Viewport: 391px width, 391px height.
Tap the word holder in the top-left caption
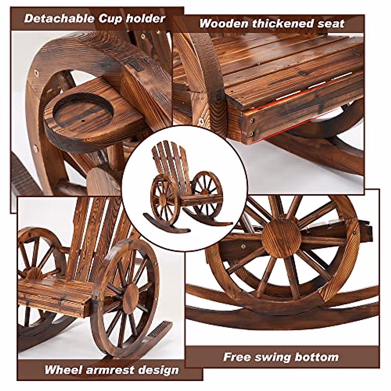(146, 18)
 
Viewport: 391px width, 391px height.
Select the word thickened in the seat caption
(281, 23)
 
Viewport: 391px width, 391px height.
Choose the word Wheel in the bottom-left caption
(63, 370)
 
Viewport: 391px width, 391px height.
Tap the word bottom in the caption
(317, 357)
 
